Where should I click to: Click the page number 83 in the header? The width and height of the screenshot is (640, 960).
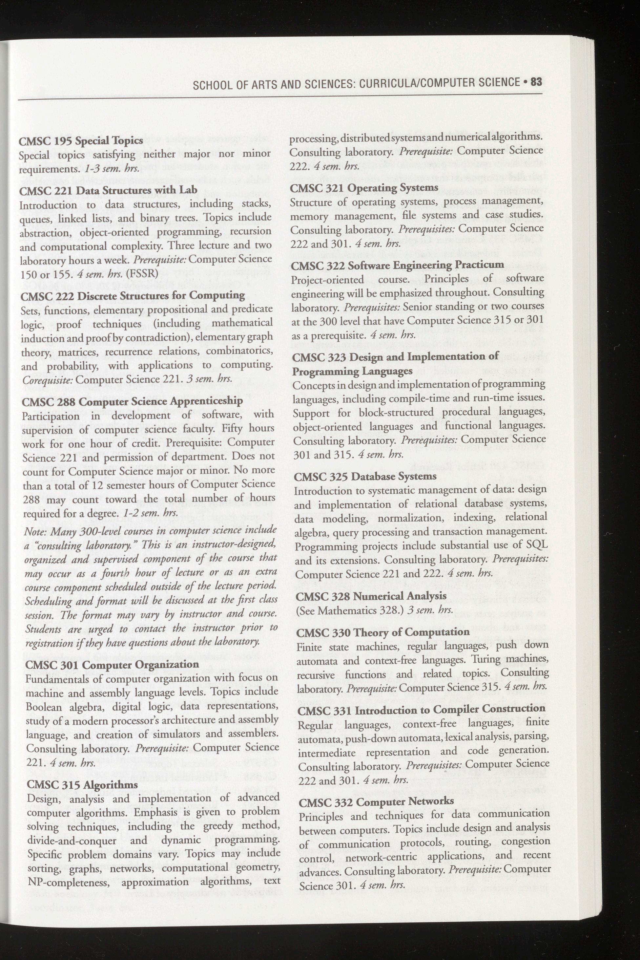(536, 82)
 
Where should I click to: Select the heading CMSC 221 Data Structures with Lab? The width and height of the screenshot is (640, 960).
(109, 190)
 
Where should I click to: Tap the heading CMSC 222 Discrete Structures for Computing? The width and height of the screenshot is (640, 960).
(133, 295)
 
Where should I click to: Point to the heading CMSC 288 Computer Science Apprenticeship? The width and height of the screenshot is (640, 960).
(132, 401)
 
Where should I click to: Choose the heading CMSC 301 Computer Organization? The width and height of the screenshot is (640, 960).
(112, 664)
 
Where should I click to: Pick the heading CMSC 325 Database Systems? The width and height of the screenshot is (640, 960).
(365, 476)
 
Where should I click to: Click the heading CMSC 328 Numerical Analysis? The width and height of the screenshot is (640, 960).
(371, 596)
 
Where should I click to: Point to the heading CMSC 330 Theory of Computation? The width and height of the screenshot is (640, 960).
(383, 632)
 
